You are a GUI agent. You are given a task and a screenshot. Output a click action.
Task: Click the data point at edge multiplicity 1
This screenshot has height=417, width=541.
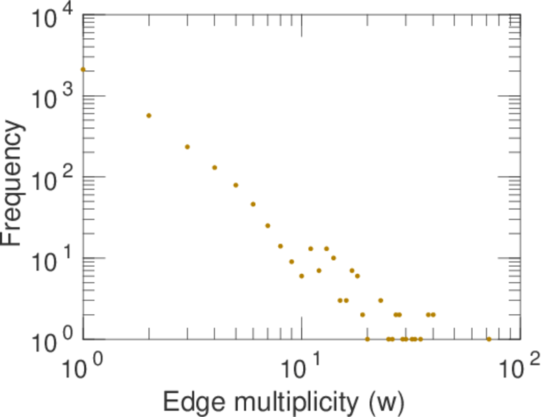83,69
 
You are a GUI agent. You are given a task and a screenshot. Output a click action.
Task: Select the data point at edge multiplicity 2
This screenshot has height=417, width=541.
149,115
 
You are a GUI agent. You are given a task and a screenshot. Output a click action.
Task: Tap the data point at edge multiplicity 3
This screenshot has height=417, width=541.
187,147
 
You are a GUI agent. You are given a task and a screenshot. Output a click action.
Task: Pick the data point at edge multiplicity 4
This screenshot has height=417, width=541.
215,167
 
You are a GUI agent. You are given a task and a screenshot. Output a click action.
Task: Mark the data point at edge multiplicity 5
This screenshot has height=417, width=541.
236,185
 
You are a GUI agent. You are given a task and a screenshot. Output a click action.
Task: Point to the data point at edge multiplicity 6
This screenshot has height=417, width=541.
253,204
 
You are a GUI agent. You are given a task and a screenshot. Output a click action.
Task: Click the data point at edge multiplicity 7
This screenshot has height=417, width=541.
268,225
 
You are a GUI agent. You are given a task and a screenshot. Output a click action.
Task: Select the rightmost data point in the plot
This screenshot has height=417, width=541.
489,339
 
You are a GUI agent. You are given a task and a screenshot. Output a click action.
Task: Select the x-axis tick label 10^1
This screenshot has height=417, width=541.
302,367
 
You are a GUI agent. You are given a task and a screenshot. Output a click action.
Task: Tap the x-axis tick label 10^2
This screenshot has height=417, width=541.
520,367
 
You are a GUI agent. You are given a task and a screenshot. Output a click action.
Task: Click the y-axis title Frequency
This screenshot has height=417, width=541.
14,182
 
